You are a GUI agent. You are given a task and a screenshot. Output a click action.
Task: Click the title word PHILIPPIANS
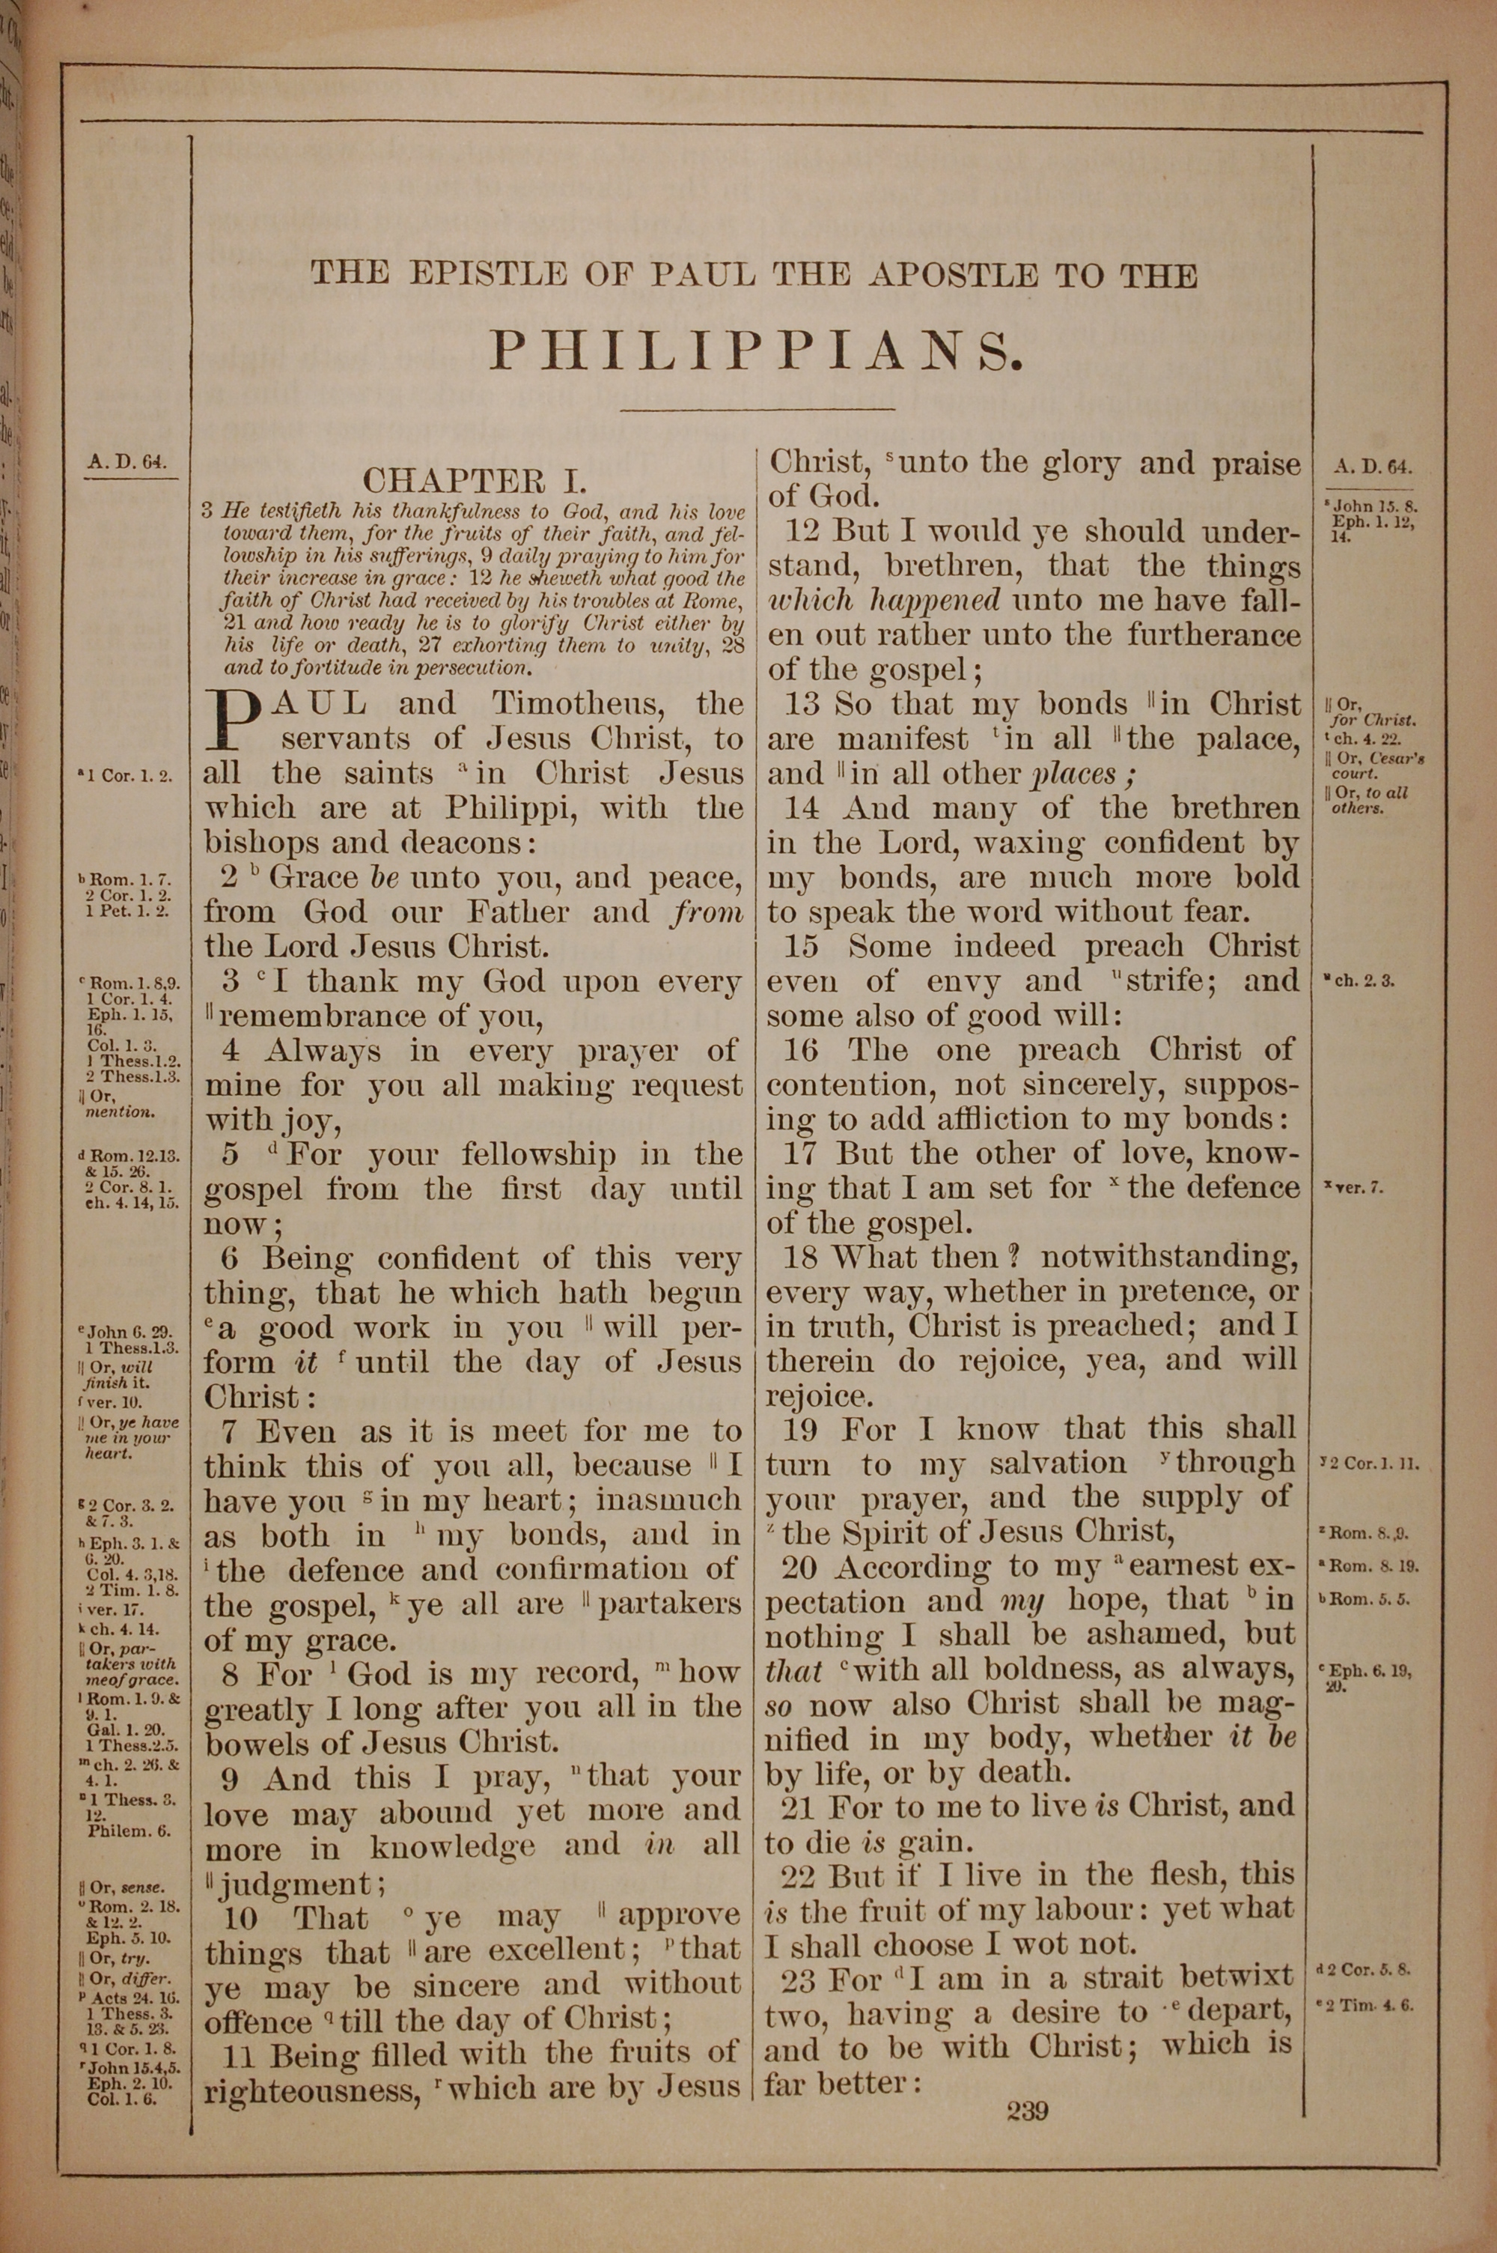coord(757,351)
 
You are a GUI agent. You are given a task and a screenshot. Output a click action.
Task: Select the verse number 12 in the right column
coord(804,531)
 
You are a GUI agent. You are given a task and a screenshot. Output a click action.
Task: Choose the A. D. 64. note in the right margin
coord(1372,467)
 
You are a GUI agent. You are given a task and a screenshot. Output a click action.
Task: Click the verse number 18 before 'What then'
coord(800,1258)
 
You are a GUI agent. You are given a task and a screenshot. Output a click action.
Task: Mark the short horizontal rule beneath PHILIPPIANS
coord(757,410)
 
